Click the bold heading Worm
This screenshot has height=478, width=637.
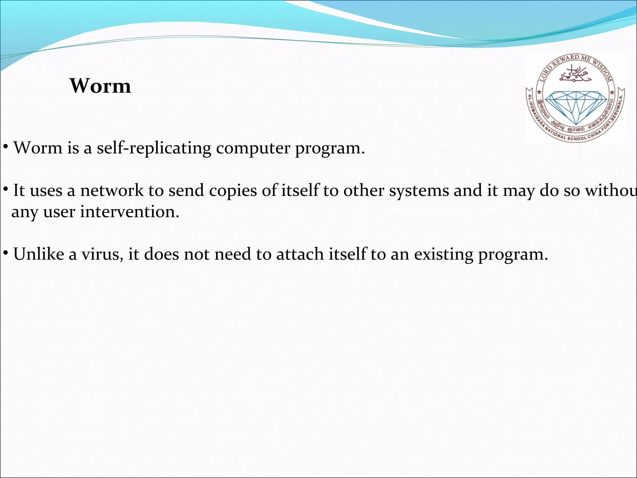pyautogui.click(x=100, y=86)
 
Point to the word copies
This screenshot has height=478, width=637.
pyautogui.click(x=233, y=190)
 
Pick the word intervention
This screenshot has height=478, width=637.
pyautogui.click(x=130, y=212)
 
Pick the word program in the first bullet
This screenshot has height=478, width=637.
pyautogui.click(x=329, y=148)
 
